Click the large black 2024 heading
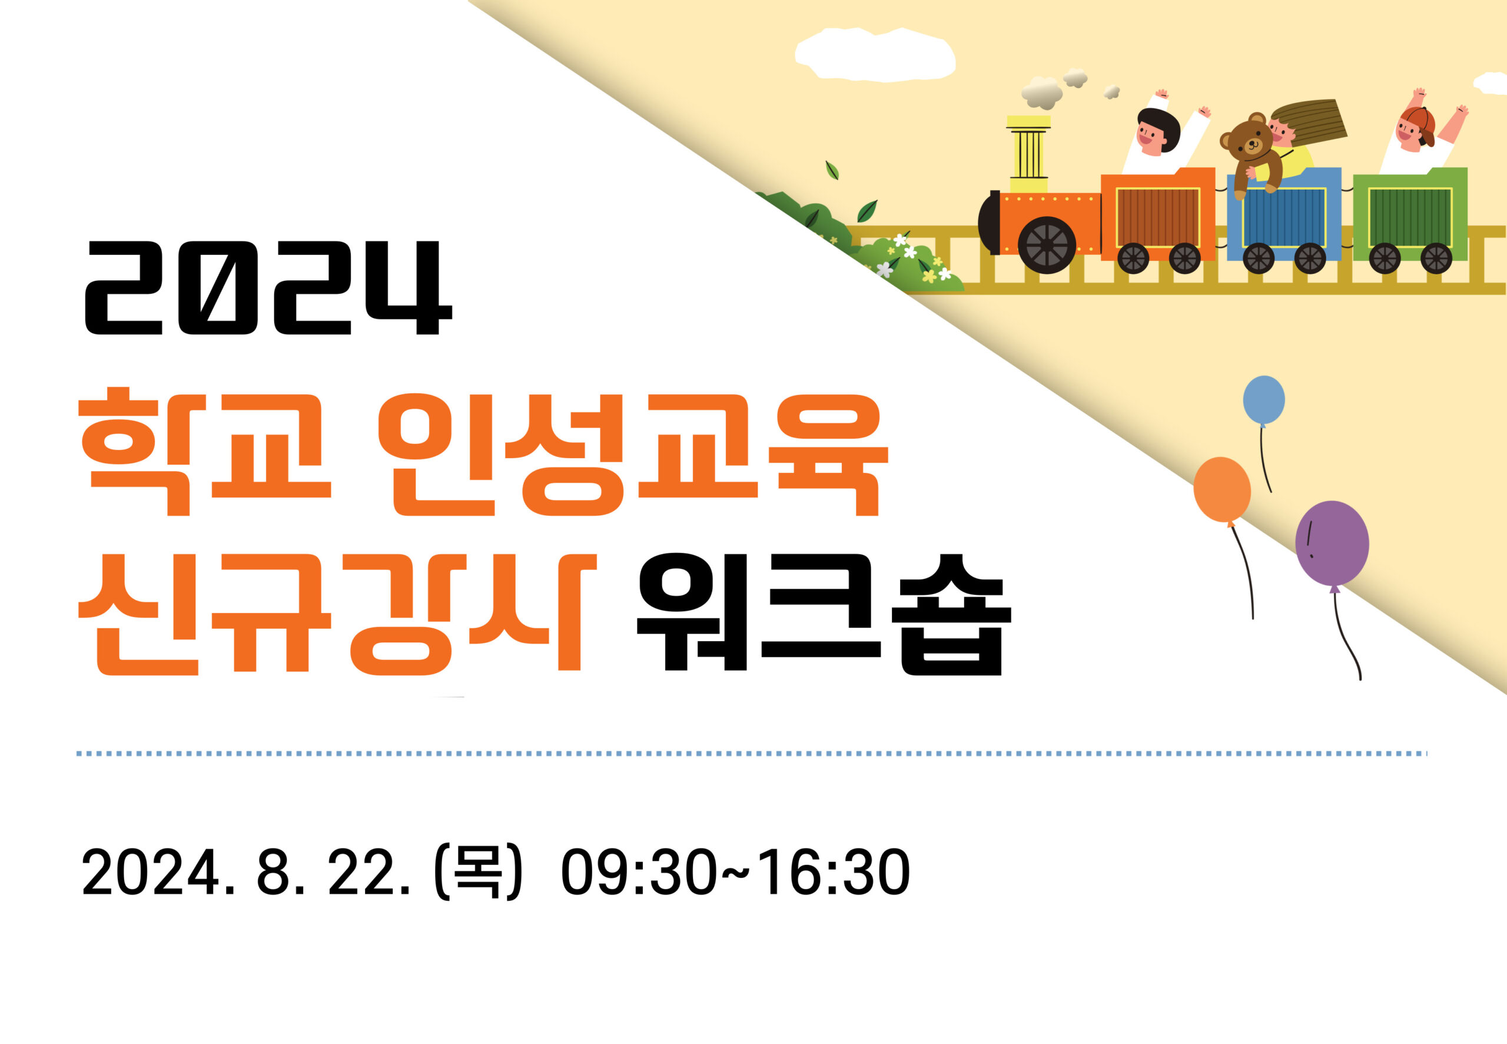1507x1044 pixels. pyautogui.click(x=268, y=288)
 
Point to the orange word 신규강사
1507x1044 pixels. pyautogui.click(x=337, y=613)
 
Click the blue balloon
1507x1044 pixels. pyautogui.click(x=1264, y=400)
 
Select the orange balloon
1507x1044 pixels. pyautogui.click(x=1222, y=490)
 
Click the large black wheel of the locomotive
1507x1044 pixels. pyautogui.click(x=1047, y=244)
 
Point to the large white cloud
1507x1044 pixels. pyautogui.click(x=875, y=55)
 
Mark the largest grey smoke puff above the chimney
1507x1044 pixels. pyautogui.click(x=1041, y=93)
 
